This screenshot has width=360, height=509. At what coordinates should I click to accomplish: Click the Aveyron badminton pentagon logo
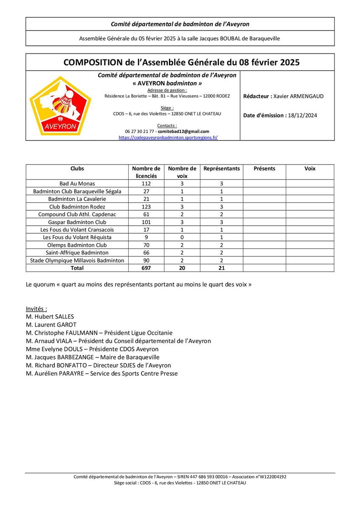tap(60, 106)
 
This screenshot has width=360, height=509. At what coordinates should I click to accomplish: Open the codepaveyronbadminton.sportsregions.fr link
tap(168, 137)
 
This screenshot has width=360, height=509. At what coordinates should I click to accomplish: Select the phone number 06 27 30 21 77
tap(140, 131)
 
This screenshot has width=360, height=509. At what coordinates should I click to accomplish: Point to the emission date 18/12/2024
tap(302, 115)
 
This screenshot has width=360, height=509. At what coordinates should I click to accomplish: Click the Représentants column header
tap(222, 168)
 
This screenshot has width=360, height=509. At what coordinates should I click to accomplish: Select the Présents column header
tap(264, 168)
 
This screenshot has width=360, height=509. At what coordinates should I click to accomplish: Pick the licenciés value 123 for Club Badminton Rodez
tap(146, 207)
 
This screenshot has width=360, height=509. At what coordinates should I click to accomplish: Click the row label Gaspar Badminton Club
tap(77, 222)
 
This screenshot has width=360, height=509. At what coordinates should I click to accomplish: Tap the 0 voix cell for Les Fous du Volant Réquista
tap(182, 237)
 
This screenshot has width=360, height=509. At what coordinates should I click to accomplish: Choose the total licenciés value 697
tap(146, 268)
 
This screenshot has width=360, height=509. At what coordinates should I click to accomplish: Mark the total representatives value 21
tap(222, 268)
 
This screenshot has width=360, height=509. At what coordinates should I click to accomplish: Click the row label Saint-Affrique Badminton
tap(77, 252)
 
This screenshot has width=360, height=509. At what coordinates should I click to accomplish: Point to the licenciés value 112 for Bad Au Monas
tap(146, 184)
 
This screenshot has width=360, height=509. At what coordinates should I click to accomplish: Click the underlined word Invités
tap(36, 309)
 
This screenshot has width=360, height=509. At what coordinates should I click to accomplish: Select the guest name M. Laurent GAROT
tap(51, 325)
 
